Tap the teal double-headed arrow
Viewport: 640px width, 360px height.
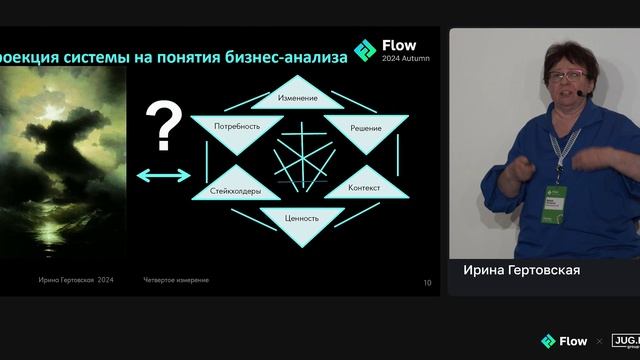[x=163, y=176]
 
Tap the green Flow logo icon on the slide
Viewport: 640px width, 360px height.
[x=366, y=50]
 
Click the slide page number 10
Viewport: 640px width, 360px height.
[x=428, y=283]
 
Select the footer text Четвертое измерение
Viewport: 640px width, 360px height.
[x=176, y=280]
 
